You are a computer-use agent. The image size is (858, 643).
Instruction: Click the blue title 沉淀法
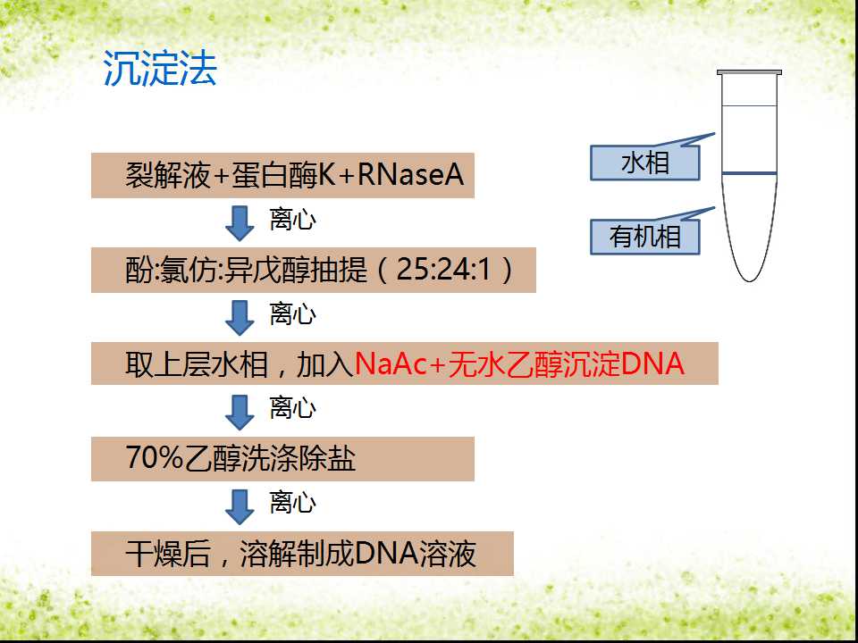160,69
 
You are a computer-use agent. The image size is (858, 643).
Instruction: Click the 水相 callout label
645,163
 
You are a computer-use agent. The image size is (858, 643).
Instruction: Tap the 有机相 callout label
645,237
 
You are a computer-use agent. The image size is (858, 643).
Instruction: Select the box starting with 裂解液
282,175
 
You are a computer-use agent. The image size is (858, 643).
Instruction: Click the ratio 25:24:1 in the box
444,270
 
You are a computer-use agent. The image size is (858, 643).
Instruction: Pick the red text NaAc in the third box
391,363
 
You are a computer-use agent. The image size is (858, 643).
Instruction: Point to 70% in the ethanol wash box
153,458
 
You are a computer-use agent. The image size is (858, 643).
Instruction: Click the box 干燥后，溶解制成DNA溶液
302,554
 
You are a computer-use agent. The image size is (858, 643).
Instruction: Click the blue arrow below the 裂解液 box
240,223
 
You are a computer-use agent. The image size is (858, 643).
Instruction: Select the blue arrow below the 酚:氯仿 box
240,318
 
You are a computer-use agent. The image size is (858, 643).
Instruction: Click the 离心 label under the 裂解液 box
293,221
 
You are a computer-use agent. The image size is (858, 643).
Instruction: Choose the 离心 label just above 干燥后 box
293,503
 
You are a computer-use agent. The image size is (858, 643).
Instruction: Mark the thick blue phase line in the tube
749,173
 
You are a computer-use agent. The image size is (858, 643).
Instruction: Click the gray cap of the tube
749,72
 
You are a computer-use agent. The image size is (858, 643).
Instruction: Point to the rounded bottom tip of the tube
750,281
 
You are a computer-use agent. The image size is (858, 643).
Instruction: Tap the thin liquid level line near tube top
749,105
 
